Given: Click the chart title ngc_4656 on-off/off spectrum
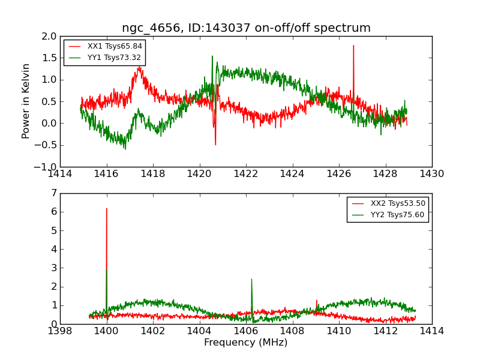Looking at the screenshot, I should tap(246, 28).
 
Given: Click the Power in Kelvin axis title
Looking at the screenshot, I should tap(26, 101).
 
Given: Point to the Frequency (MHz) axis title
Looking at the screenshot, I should tap(245, 343).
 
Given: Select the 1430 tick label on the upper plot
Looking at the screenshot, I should tap(431, 174).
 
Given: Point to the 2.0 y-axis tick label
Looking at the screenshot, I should tap(49, 36).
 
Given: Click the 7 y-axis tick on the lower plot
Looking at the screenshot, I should tap(53, 193).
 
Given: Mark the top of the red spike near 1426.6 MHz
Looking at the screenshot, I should tap(353, 46).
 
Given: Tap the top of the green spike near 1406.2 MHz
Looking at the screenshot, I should tap(251, 279).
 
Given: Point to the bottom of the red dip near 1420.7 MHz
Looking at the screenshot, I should tap(215, 145).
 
